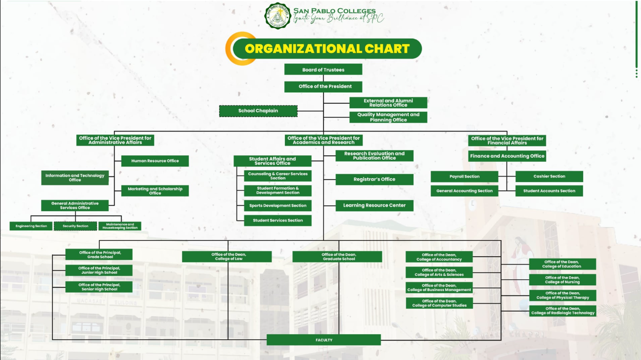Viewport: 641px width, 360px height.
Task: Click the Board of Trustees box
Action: (323, 70)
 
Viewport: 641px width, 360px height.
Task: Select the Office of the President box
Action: (323, 87)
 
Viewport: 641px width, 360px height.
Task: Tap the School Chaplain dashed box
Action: (258, 111)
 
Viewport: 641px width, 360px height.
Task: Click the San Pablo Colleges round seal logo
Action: (277, 16)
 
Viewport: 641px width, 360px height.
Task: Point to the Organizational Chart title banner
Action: (327, 48)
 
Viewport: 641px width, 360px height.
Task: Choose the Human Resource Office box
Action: (155, 161)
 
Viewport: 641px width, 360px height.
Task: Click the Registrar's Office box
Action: (374, 179)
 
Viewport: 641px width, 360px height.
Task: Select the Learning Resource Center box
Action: (374, 205)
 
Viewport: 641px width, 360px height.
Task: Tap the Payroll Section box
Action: (464, 177)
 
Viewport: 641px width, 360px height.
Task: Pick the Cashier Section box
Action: (549, 177)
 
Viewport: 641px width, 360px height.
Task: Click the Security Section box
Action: (75, 226)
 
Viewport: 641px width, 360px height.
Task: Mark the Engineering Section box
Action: (31, 226)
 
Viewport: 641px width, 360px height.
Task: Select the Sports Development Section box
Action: (277, 205)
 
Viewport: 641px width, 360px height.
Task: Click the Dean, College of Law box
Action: (227, 257)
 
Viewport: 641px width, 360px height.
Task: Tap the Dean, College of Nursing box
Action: (562, 280)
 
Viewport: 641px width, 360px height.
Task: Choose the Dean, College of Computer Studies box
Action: (439, 303)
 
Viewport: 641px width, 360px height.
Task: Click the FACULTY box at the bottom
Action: (323, 340)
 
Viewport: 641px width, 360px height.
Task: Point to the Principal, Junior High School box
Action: (99, 270)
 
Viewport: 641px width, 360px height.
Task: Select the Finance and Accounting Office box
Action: (507, 156)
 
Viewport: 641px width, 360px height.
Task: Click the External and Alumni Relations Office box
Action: (388, 103)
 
